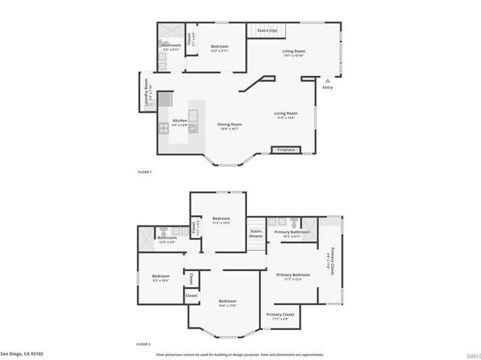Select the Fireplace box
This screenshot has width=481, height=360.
pyautogui.click(x=286, y=150)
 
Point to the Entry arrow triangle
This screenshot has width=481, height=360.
pyautogui.click(x=327, y=81)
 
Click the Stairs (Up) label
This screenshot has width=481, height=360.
pyautogui.click(x=268, y=31)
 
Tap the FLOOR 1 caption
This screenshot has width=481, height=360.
pyautogui.click(x=145, y=173)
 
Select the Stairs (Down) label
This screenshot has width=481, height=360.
pyautogui.click(x=255, y=233)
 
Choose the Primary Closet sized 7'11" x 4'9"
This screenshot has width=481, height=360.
pyautogui.click(x=281, y=316)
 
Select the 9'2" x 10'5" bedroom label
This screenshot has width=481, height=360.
pyautogui.click(x=160, y=278)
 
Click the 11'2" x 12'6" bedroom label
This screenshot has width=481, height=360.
pyautogui.click(x=222, y=220)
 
